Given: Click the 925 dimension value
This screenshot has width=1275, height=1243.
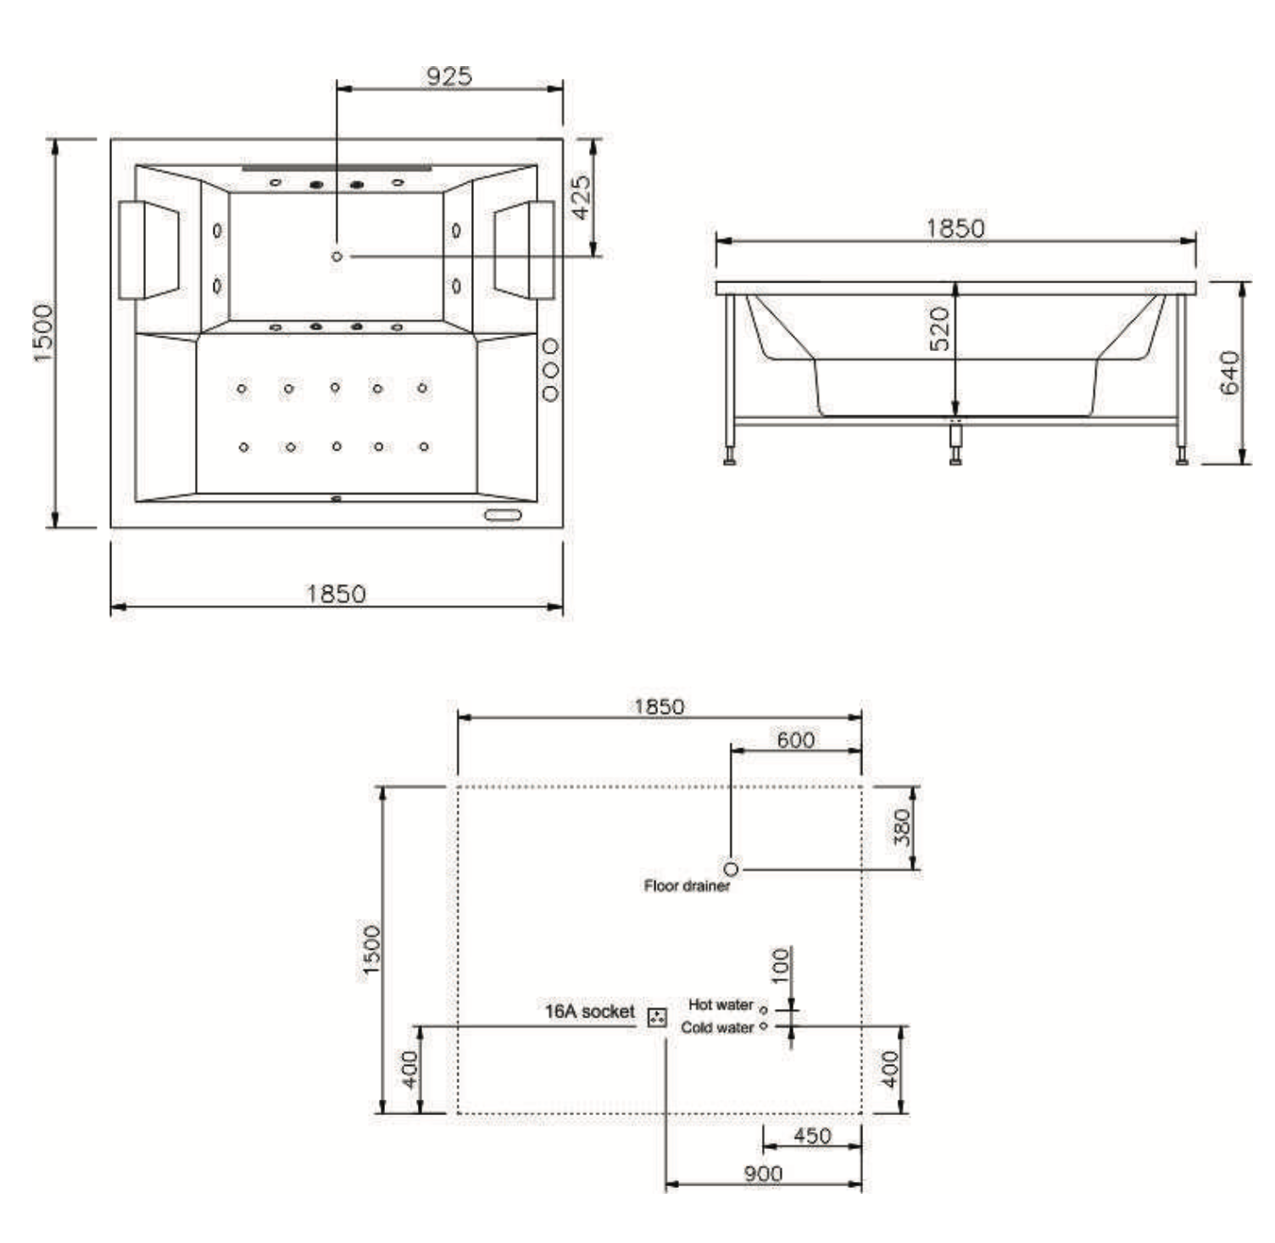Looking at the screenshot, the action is pos(448,76).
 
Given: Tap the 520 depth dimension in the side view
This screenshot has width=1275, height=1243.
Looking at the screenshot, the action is pos(939,330).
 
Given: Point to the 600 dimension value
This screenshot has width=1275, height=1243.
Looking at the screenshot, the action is pos(796,740).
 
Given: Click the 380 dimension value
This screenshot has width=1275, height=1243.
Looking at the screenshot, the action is pos(901,827).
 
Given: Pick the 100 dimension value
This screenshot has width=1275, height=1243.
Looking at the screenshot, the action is pos(781,965).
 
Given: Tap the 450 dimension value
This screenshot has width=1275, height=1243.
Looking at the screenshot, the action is pos(812,1136).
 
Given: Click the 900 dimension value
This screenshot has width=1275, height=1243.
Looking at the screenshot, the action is pos(763,1174).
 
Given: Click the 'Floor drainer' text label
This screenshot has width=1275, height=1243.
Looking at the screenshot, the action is pos(687,886).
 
